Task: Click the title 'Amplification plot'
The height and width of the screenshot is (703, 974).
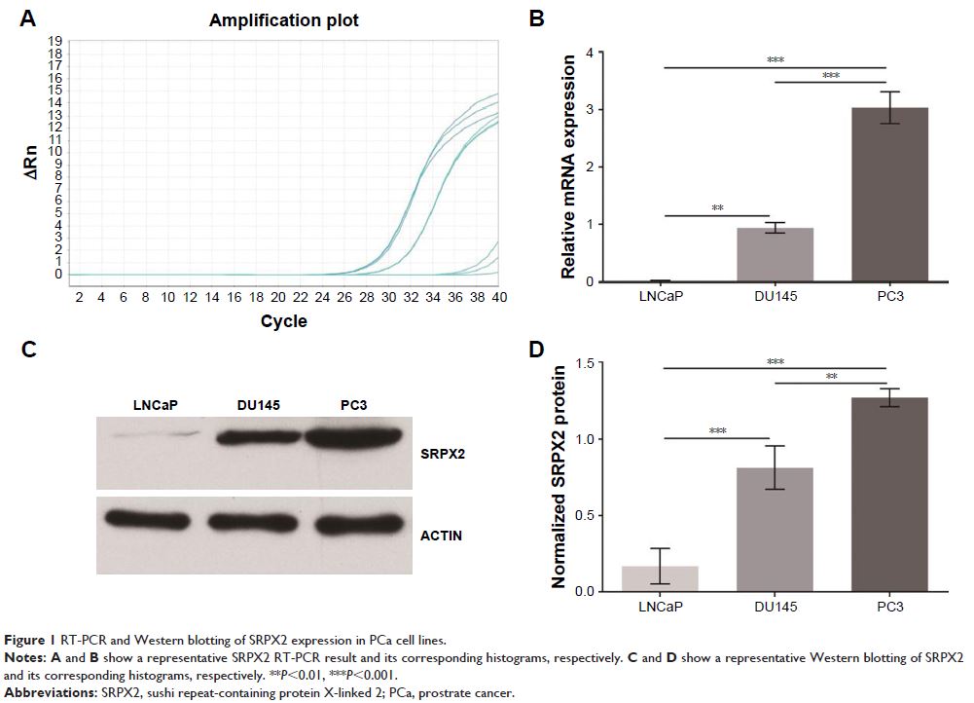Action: point(283,20)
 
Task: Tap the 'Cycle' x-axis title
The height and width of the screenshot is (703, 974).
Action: point(284,321)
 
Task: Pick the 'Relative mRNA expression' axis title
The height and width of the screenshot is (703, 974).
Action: point(571,165)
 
